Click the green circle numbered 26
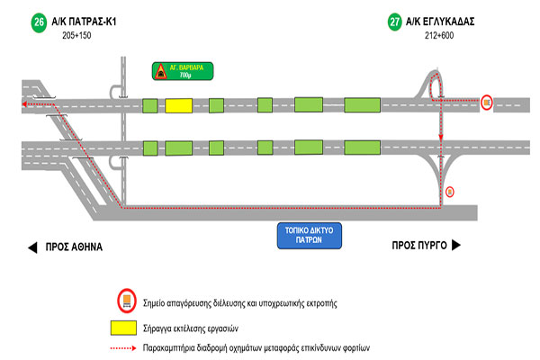38,20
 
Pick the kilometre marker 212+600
441,35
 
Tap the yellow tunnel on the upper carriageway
177,106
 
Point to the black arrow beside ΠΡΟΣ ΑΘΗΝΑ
31,246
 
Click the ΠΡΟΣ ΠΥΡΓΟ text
418,245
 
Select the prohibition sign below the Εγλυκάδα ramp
450,191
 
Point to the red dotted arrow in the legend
124,346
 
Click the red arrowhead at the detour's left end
24,105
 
